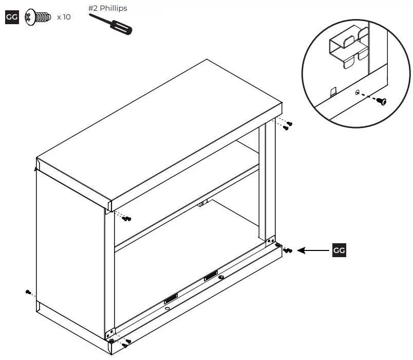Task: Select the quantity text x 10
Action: click(64, 17)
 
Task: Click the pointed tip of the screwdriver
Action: click(91, 14)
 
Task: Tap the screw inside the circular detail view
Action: click(381, 101)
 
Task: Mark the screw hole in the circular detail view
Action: click(357, 93)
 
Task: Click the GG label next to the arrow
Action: click(339, 250)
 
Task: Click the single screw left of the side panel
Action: click(28, 292)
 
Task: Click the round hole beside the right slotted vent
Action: click(221, 277)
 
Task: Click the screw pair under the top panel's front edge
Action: click(127, 219)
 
